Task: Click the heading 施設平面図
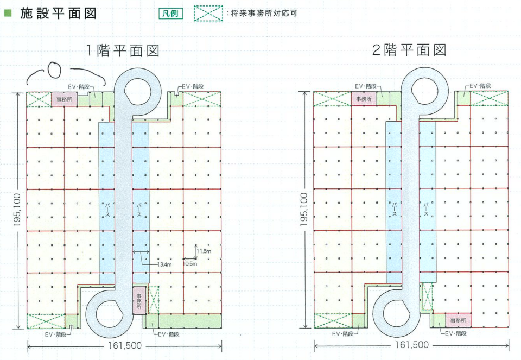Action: [59, 14]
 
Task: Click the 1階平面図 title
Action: [124, 51]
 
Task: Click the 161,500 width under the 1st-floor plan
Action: [123, 345]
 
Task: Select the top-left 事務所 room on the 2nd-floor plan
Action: [363, 99]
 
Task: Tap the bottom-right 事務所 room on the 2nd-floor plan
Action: [456, 321]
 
